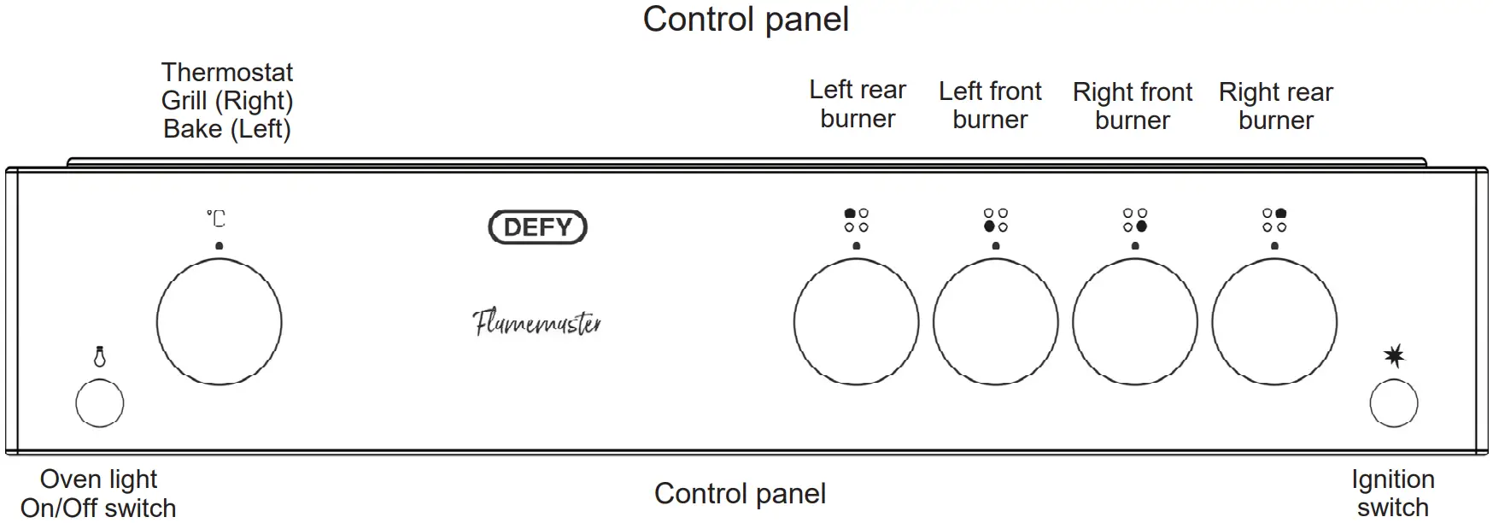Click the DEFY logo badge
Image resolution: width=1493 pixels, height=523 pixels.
(537, 227)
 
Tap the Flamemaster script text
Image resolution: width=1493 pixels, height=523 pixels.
(537, 323)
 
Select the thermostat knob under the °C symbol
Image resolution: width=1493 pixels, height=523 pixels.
(220, 322)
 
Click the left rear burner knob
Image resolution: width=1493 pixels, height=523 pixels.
(856, 322)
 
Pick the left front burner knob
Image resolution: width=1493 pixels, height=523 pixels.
(995, 322)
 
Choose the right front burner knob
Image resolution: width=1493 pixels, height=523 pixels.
(1134, 322)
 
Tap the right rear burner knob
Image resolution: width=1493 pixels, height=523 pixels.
(1274, 322)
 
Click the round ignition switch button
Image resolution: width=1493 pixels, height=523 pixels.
(1393, 403)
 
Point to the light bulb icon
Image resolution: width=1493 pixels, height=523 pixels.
(100, 356)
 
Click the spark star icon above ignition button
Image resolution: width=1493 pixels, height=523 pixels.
(1394, 356)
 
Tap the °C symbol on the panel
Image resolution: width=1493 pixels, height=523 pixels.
(216, 219)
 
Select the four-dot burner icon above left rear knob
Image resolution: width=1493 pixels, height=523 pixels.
(856, 220)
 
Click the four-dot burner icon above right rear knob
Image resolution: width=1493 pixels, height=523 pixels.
(1274, 220)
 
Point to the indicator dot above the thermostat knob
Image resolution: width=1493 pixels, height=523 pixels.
(220, 246)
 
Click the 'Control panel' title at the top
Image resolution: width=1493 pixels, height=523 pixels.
(746, 20)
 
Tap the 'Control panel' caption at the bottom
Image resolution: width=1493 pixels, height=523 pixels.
(740, 494)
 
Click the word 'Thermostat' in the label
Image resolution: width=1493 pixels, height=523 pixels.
(227, 73)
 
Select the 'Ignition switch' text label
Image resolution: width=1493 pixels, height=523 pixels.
(1392, 493)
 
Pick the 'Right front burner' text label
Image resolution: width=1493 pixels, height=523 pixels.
(1133, 106)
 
